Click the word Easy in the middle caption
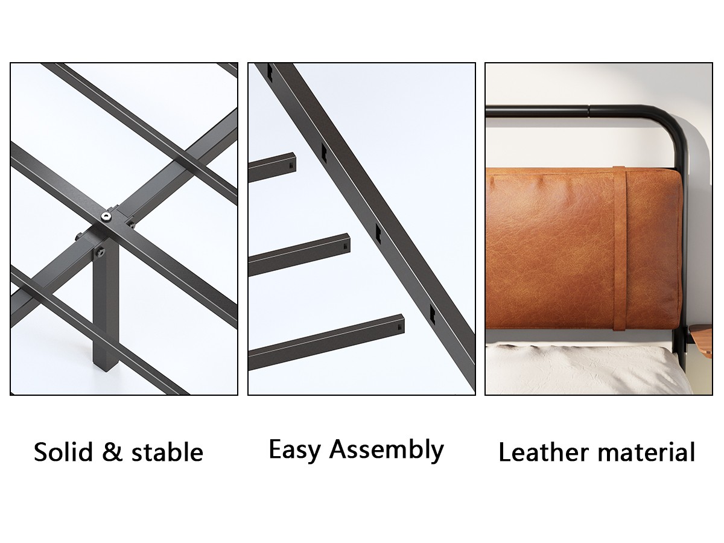(294, 451)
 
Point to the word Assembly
(387, 451)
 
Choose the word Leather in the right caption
(544, 452)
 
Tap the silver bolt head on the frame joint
(106, 216)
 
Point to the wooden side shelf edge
(702, 342)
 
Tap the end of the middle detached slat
(346, 243)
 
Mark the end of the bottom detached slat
(400, 324)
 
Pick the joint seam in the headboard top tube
(588, 111)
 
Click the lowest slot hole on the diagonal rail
(433, 314)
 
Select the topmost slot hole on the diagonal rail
(270, 72)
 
